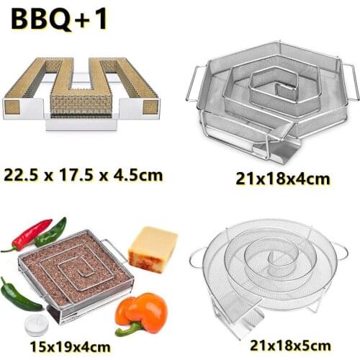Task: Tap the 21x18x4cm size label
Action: (274, 177)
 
